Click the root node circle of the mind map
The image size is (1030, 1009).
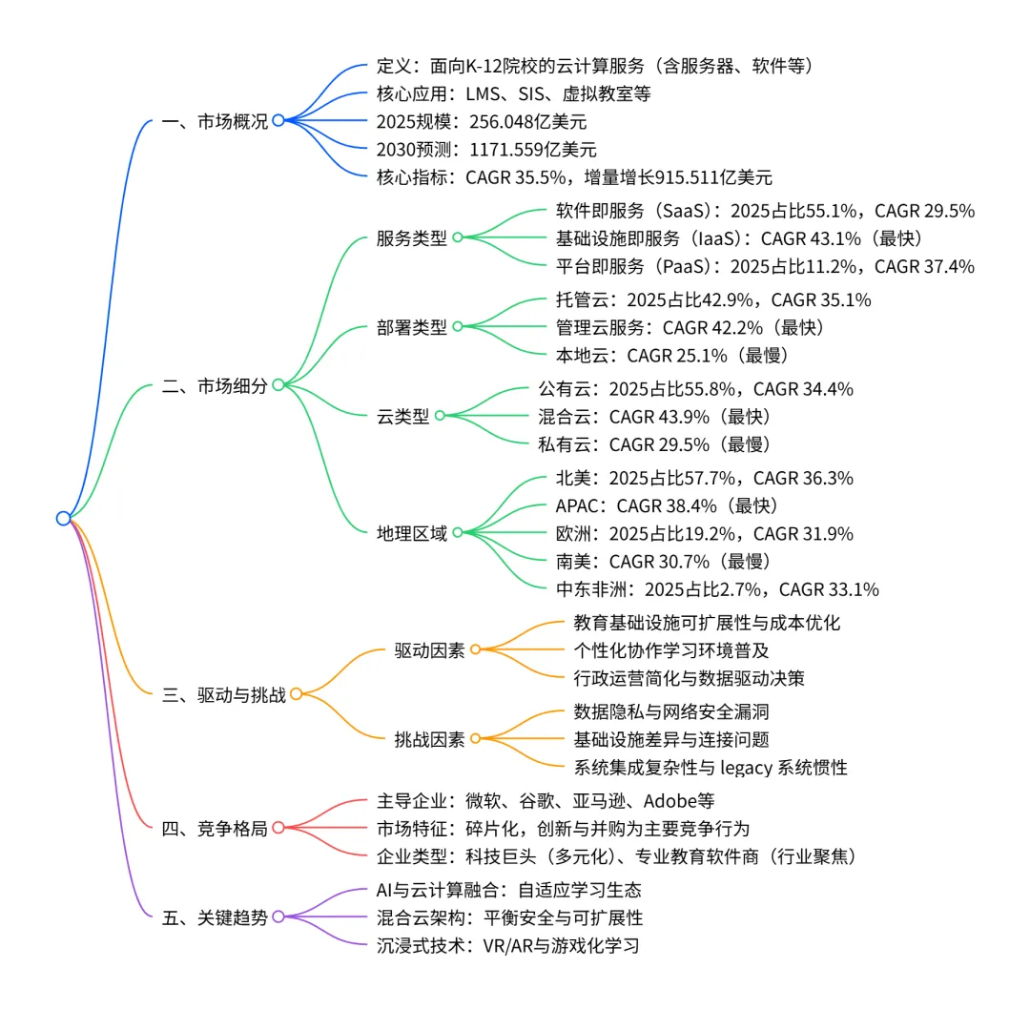(63, 518)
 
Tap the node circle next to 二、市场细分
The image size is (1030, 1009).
(278, 384)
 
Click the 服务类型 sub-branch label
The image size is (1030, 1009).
(411, 237)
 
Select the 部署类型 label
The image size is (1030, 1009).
(411, 326)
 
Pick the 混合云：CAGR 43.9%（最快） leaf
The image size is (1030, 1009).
(653, 416)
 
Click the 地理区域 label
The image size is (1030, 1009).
(411, 532)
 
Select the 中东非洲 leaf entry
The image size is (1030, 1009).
(716, 588)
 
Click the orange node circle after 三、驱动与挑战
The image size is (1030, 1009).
(296, 694)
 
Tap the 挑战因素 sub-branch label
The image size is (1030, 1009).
(429, 738)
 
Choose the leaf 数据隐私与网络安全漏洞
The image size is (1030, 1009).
(671, 710)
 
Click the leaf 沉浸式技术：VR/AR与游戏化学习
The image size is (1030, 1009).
(507, 946)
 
